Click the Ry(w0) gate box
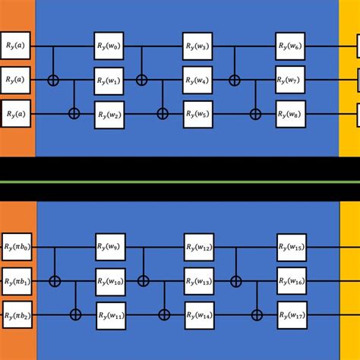109,46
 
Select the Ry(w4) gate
197,80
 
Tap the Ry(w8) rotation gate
291,114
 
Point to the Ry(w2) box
109,115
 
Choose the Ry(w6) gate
290,46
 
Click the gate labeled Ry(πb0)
17,247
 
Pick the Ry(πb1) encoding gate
17,281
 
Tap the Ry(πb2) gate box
17,314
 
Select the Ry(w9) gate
110,247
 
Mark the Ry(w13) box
199,281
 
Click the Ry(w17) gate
292,315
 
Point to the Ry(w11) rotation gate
111,316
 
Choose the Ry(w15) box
292,248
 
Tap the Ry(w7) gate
290,80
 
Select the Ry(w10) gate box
110,282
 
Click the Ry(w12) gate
199,247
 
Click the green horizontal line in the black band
180,182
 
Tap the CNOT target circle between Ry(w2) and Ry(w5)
163,114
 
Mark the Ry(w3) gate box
197,46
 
